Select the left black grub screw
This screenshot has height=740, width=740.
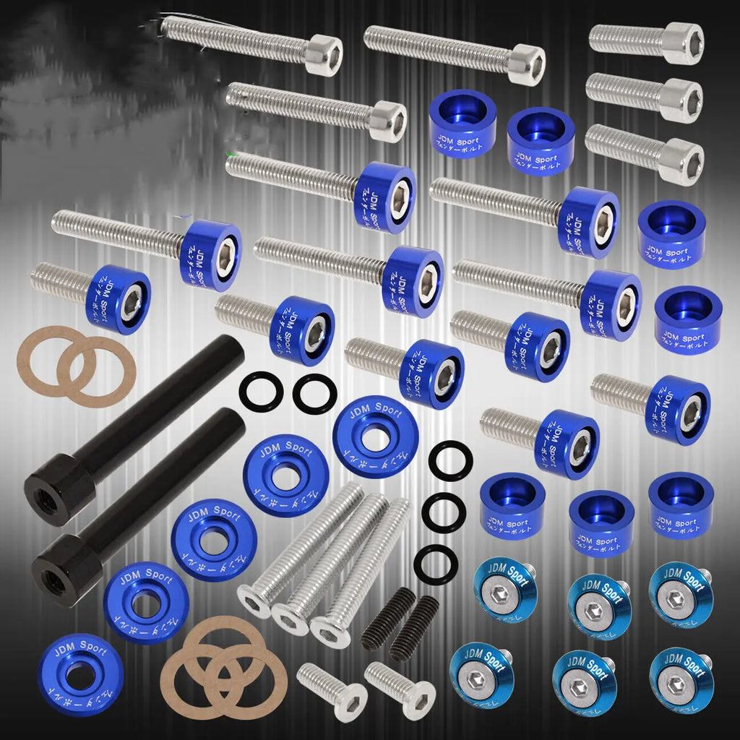click(388, 619)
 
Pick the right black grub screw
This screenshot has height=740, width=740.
click(414, 628)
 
